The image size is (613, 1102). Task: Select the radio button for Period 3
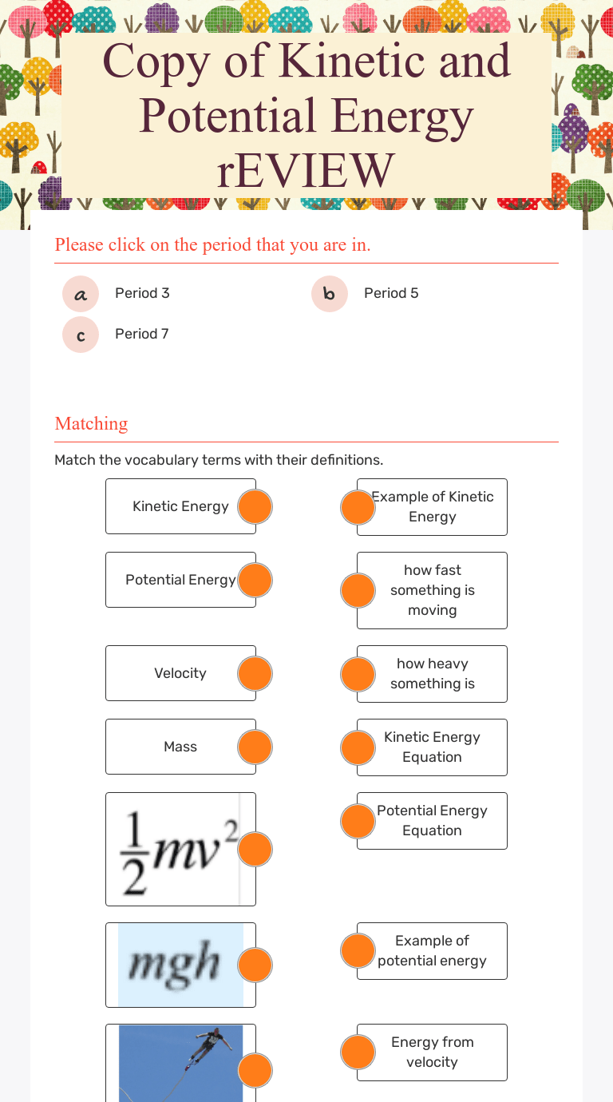(81, 294)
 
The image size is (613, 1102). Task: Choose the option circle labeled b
(330, 294)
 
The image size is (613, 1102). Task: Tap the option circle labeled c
(81, 335)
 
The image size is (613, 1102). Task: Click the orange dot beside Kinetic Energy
(255, 506)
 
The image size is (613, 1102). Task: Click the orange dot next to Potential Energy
(255, 580)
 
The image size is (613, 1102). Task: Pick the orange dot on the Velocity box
(255, 673)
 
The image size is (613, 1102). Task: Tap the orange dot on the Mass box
(255, 747)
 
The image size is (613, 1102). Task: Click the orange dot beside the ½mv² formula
(255, 849)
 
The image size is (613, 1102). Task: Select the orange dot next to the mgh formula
(255, 965)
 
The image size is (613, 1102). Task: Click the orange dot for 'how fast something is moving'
(358, 590)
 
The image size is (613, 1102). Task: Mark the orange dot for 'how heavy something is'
(358, 674)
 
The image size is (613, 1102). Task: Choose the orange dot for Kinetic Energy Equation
(358, 747)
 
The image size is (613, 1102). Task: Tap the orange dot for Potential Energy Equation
(358, 821)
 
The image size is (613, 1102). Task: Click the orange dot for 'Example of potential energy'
(358, 951)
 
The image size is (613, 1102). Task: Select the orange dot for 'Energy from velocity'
(358, 1052)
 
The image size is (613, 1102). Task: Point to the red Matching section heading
(91, 423)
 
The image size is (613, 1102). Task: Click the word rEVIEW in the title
(306, 171)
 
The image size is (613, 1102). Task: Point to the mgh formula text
(174, 963)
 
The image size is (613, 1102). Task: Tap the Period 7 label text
(141, 334)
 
